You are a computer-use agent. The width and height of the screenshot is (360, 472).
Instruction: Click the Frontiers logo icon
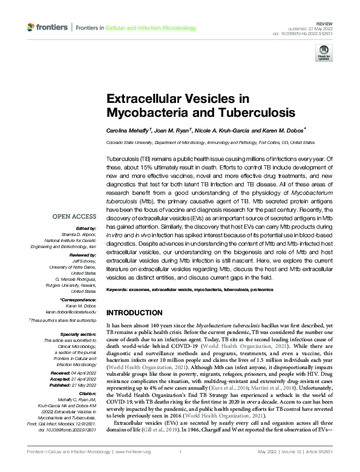(x=31, y=27)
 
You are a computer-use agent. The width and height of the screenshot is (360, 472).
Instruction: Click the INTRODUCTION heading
(x=134, y=313)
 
